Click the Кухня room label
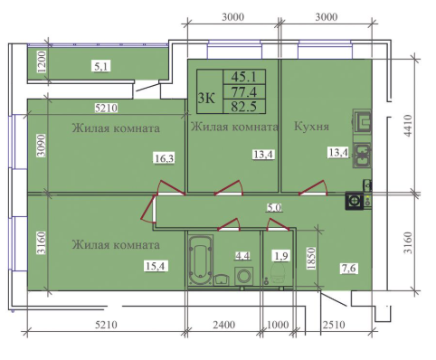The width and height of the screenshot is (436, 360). point(311,127)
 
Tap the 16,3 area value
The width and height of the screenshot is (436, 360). point(165,157)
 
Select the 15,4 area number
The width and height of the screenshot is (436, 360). point(156,266)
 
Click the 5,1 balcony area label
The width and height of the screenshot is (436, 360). point(101,66)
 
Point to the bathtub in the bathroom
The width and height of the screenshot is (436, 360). point(200,260)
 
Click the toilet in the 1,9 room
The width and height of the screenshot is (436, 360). point(279,272)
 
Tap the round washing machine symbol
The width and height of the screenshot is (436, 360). point(243,276)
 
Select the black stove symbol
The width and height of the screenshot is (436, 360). point(355,201)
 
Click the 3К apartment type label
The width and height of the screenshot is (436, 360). point(206,98)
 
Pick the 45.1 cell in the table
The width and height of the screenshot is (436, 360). point(243,77)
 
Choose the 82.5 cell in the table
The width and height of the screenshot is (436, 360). point(243,106)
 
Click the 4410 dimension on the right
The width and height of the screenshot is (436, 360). point(408,126)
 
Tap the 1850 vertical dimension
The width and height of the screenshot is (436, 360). point(311,259)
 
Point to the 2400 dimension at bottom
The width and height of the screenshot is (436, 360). point(224,325)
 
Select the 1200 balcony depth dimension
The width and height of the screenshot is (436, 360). point(43,62)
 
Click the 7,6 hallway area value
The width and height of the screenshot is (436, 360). point(349,268)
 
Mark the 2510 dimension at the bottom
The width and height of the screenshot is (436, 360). point(334,325)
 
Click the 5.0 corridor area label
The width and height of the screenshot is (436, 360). point(274,207)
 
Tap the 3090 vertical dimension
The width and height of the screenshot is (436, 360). point(42,145)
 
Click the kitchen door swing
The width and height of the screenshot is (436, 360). point(314,188)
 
